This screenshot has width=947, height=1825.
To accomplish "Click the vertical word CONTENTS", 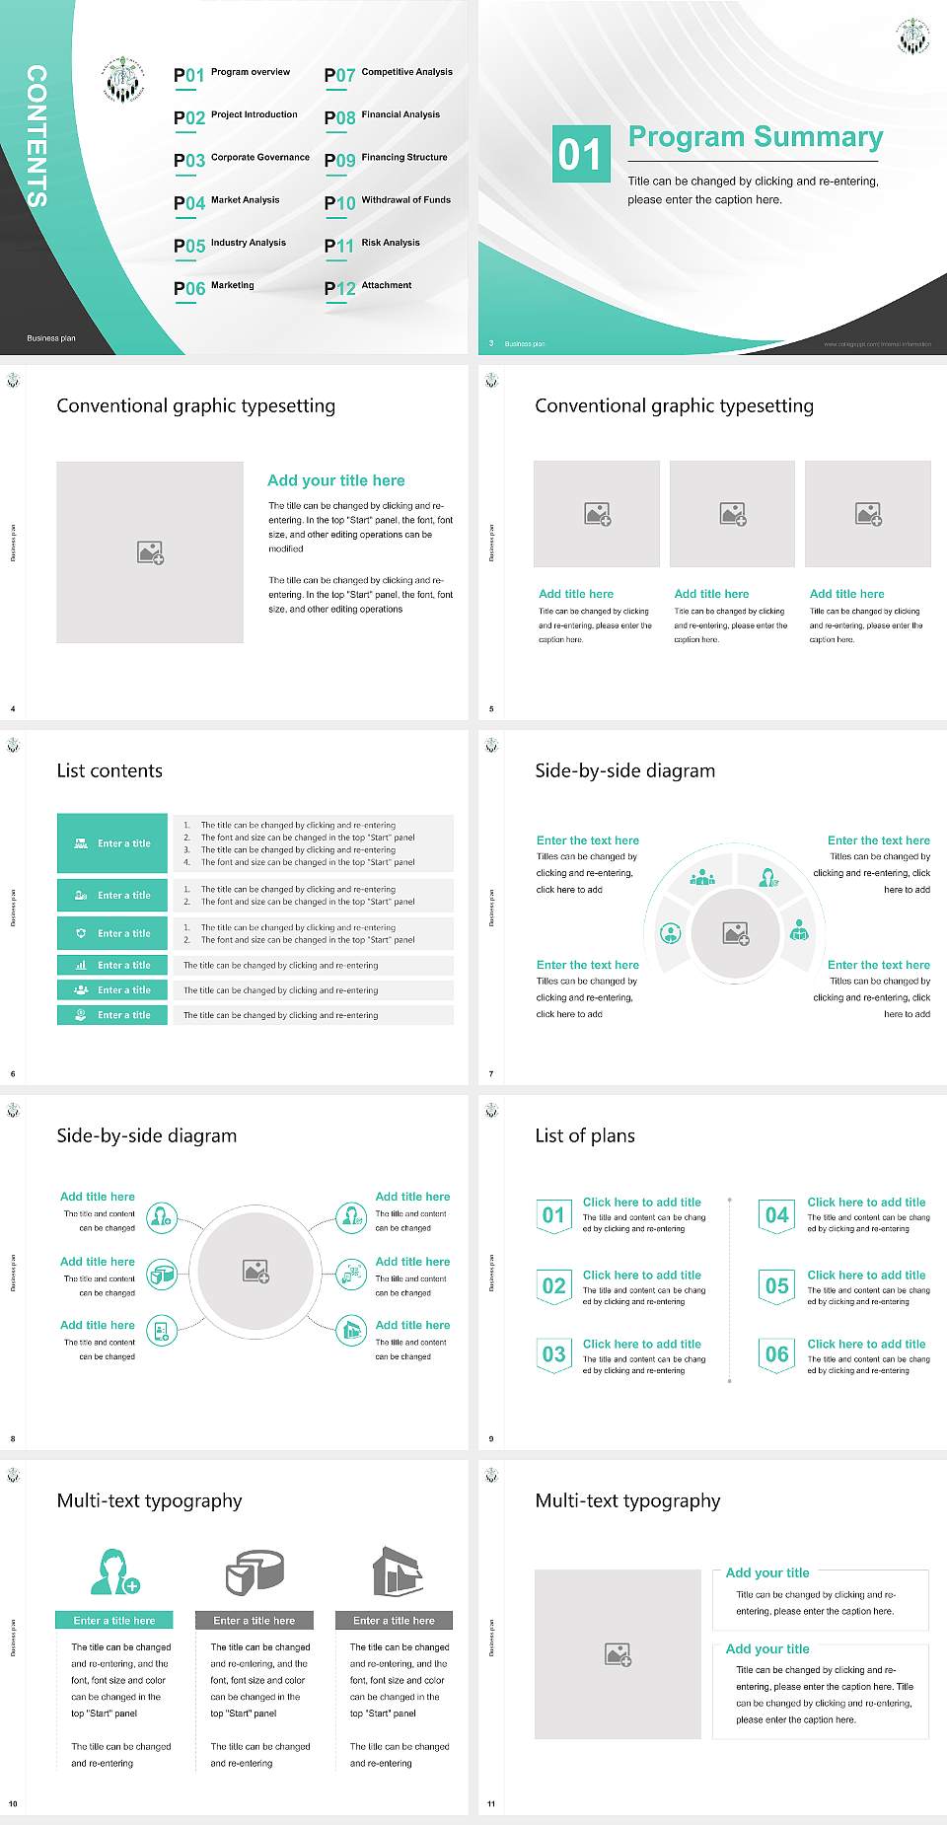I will (x=36, y=136).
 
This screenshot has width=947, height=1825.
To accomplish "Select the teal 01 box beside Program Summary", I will (x=579, y=154).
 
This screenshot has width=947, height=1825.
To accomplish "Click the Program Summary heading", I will (x=755, y=137).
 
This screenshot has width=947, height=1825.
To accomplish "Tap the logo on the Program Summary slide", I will (x=912, y=36).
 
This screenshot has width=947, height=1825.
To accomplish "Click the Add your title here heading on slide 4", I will (x=335, y=480).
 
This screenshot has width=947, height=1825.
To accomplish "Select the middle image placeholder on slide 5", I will (x=732, y=514).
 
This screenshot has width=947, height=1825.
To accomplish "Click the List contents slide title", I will (x=109, y=770).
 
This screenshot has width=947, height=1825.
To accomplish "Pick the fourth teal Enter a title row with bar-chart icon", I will (x=112, y=965).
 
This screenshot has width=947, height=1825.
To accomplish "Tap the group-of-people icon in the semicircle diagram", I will (x=702, y=877).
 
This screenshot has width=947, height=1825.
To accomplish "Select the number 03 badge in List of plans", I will (x=553, y=1354).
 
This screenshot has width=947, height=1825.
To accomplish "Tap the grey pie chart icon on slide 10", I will (x=255, y=1571).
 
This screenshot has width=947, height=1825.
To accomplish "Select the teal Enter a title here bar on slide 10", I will (x=113, y=1620).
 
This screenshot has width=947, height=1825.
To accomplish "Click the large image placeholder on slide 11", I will (x=618, y=1653).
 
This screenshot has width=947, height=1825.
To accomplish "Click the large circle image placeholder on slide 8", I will (x=255, y=1271).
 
